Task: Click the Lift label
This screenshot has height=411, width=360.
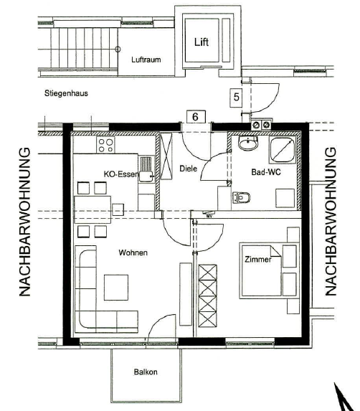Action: click(x=202, y=42)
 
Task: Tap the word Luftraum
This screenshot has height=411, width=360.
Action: click(x=146, y=60)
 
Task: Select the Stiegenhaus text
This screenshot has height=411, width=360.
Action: click(x=66, y=93)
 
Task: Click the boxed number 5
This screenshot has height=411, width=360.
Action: click(x=236, y=98)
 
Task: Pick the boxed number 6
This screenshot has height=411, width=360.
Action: click(x=196, y=117)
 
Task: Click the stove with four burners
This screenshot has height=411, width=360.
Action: click(x=105, y=145)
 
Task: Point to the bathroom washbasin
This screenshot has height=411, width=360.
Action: click(x=248, y=143)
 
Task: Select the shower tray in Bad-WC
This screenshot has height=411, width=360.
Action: click(x=282, y=150)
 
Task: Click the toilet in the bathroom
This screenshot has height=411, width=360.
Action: click(x=241, y=197)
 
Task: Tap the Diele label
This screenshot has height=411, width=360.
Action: click(x=188, y=169)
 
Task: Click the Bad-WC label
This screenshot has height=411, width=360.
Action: click(x=265, y=172)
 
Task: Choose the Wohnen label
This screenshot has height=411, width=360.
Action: click(x=133, y=252)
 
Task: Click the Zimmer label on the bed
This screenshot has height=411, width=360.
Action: click(x=258, y=260)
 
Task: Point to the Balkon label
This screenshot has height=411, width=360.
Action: click(x=146, y=372)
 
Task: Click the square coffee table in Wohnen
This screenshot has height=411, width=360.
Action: click(x=116, y=288)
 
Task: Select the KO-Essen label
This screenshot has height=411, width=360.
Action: click(x=120, y=174)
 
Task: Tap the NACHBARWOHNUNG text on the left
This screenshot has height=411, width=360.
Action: click(x=25, y=222)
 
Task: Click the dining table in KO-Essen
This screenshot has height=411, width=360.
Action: click(x=93, y=209)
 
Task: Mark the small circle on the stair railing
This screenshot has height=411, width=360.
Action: click(x=118, y=49)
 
